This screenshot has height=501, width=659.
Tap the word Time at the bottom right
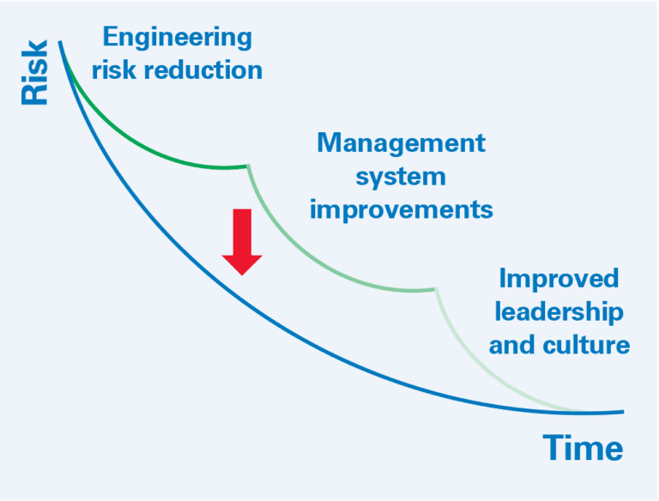(583, 448)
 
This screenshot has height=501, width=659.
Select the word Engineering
(178, 37)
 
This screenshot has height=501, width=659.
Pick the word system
(401, 176)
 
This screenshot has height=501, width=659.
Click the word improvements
(401, 208)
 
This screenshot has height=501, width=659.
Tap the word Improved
(559, 279)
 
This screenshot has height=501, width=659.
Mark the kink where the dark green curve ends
(249, 166)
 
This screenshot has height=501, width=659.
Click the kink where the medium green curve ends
(437, 290)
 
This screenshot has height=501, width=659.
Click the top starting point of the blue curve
(60, 42)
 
